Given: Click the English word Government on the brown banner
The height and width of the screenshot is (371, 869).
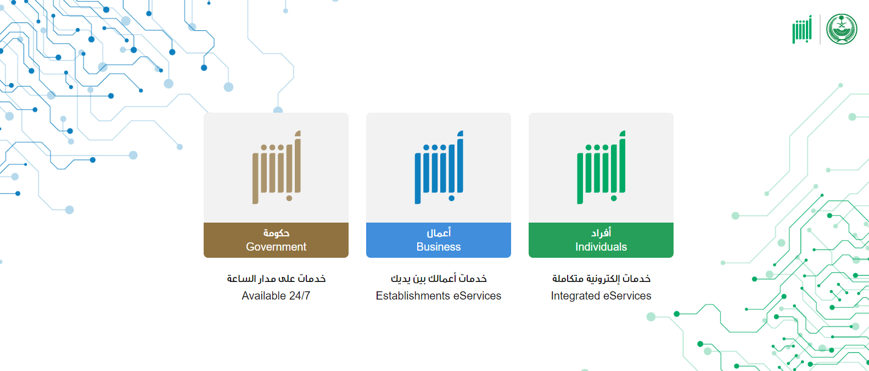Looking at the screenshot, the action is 276,247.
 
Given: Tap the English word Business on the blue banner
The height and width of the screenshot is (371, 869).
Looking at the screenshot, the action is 439,247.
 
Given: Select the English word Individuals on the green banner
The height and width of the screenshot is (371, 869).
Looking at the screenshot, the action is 601,247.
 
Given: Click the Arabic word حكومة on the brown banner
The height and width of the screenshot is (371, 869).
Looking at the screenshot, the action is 276,232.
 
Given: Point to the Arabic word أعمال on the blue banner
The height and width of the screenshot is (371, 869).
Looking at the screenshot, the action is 439,232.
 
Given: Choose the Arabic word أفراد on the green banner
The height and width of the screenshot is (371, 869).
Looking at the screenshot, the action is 601,232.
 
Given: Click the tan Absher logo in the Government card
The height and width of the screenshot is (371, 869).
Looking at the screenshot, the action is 277,167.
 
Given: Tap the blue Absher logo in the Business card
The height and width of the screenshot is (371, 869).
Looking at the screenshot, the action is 439,167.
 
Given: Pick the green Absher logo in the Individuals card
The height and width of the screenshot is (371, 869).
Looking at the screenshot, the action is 601,167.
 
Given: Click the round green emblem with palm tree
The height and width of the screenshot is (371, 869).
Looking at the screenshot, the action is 842,29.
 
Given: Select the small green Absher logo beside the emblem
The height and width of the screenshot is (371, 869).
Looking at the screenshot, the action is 802,29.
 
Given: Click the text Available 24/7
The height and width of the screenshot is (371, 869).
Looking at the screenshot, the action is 276,296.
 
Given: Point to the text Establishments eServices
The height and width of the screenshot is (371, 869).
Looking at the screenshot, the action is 439,296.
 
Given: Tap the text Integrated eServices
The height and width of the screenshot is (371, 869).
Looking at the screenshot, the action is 601,296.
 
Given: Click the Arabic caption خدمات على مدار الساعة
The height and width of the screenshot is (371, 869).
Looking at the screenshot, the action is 276,279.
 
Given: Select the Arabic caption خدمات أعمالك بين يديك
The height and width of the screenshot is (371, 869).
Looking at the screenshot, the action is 439,279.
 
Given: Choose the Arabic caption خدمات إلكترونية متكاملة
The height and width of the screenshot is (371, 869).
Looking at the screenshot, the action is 601,279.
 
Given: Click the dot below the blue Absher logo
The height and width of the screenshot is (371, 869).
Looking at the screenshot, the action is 452,198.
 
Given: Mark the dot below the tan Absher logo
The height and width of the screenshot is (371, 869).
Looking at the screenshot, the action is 289,198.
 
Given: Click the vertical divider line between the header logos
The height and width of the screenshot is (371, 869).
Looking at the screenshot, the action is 820,29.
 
